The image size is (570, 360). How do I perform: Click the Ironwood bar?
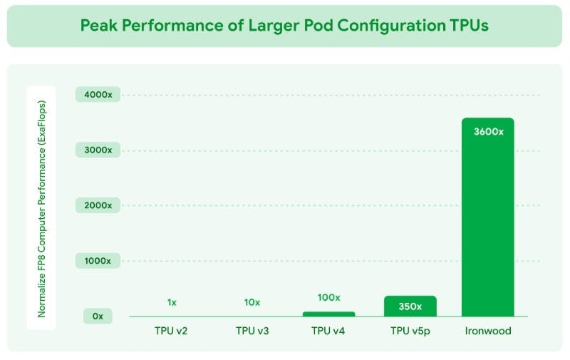click(x=487, y=221)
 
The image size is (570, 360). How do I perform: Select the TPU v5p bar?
click(x=410, y=306)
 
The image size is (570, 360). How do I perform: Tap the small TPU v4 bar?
click(x=328, y=314)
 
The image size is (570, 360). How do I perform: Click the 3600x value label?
click(x=487, y=131)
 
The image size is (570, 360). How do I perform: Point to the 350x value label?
click(x=410, y=307)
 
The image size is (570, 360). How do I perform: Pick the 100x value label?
click(x=328, y=297)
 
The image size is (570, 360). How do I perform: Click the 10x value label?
click(x=252, y=302)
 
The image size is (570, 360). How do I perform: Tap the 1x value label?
click(x=172, y=302)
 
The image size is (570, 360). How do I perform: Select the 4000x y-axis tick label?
click(x=97, y=95)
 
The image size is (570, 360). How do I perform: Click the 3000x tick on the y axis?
click(x=97, y=150)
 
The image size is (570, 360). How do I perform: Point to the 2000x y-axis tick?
click(x=97, y=205)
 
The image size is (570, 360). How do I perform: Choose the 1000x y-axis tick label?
click(x=97, y=261)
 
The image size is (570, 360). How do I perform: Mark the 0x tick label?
click(x=97, y=316)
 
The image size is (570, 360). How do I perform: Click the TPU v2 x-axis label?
click(x=172, y=331)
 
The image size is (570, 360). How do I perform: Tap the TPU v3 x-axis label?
click(x=252, y=331)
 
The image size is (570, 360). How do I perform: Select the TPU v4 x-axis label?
click(x=328, y=331)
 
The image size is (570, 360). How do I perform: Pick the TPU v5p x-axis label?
click(x=410, y=331)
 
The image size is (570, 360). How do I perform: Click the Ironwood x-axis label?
click(x=487, y=331)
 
